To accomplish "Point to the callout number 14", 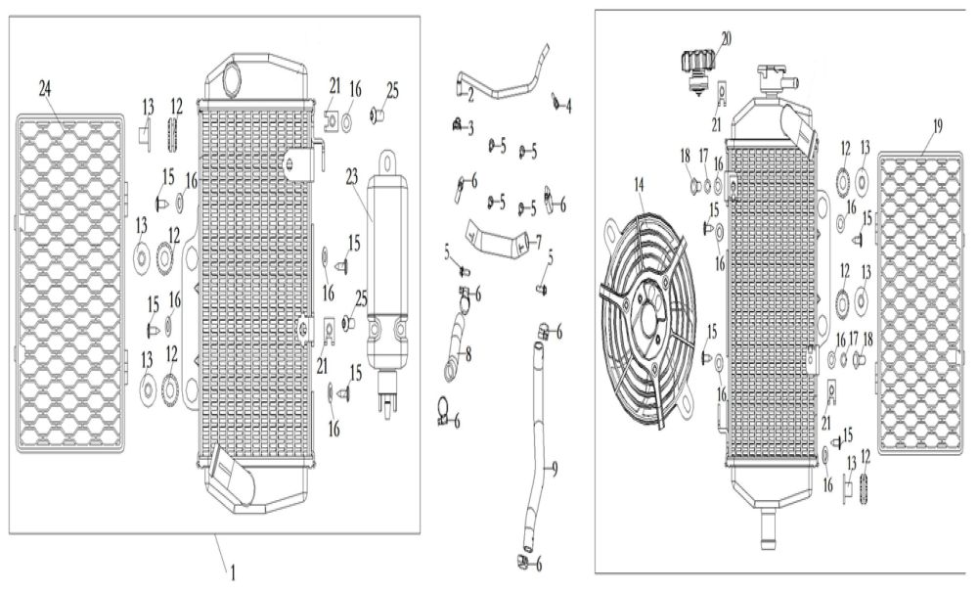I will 640,183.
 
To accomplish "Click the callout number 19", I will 937,125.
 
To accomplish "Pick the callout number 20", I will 725,39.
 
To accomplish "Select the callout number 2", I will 471,94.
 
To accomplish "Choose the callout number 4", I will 569,105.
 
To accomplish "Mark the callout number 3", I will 470,128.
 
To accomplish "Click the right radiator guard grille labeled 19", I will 920,303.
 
